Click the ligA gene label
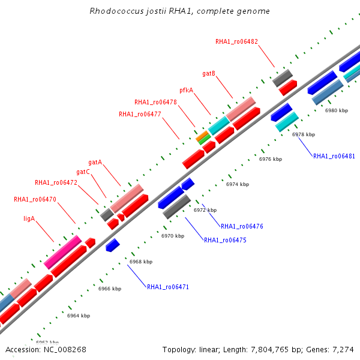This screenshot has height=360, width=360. [29, 218]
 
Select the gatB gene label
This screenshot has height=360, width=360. [209, 73]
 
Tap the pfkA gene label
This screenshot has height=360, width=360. [186, 90]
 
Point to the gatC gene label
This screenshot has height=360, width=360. [83, 172]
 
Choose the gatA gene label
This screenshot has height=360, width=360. [95, 163]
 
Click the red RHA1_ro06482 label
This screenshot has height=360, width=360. [236, 41]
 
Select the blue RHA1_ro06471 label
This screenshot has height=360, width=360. [168, 287]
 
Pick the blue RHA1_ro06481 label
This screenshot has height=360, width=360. [334, 156]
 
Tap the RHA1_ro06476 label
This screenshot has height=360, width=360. [242, 226]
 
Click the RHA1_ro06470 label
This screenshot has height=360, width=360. [35, 199]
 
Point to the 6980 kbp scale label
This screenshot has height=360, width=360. [337, 110]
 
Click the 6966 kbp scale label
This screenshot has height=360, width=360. [110, 289]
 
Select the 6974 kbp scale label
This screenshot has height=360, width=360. [238, 184]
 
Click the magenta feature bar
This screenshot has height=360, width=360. [62, 252]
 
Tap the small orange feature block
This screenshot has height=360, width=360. [202, 136]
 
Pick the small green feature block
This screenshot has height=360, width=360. [205, 140]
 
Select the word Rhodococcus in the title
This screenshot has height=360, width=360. [116, 11]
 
